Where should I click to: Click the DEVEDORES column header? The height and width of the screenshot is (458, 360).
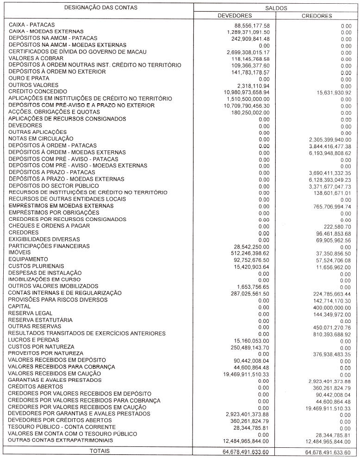[x=235, y=16]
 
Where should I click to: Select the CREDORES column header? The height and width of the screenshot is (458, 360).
[x=317, y=16]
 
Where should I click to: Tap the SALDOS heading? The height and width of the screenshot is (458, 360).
[x=276, y=8]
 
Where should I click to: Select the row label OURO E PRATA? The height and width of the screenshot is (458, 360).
[x=29, y=78]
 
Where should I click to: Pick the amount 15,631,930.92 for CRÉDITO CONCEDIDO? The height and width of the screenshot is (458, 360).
[x=328, y=93]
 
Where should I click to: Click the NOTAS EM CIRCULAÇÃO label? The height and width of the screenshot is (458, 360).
[x=41, y=138]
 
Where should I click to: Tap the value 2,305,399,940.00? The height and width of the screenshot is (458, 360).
[x=326, y=139]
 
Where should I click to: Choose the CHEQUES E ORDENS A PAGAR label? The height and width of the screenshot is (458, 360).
[x=49, y=226]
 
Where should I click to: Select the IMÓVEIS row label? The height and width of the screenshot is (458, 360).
[x=19, y=253]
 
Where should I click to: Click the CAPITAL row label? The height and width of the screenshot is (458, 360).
[x=19, y=306]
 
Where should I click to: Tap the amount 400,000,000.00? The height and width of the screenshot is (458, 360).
[x=329, y=307]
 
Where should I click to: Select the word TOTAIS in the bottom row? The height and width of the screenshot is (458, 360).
[x=99, y=451]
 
